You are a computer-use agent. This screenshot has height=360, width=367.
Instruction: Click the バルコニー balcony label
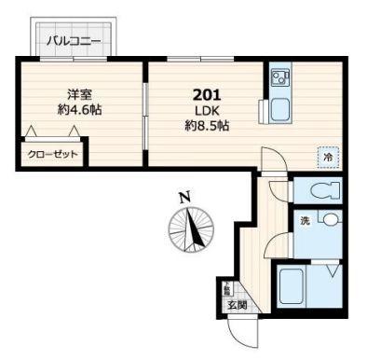(x=74, y=41)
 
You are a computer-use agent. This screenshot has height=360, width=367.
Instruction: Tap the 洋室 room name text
(x=78, y=93)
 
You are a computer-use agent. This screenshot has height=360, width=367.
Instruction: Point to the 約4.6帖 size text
(x=78, y=109)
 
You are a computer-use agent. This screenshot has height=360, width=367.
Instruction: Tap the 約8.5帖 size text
(x=206, y=126)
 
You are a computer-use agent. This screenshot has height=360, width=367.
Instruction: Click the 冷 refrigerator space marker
(x=328, y=158)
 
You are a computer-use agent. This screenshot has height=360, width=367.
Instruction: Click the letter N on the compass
(x=185, y=197)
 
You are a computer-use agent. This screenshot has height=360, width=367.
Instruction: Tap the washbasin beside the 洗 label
(x=330, y=221)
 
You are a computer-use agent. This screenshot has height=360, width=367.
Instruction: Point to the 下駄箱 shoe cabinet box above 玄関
(x=226, y=287)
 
